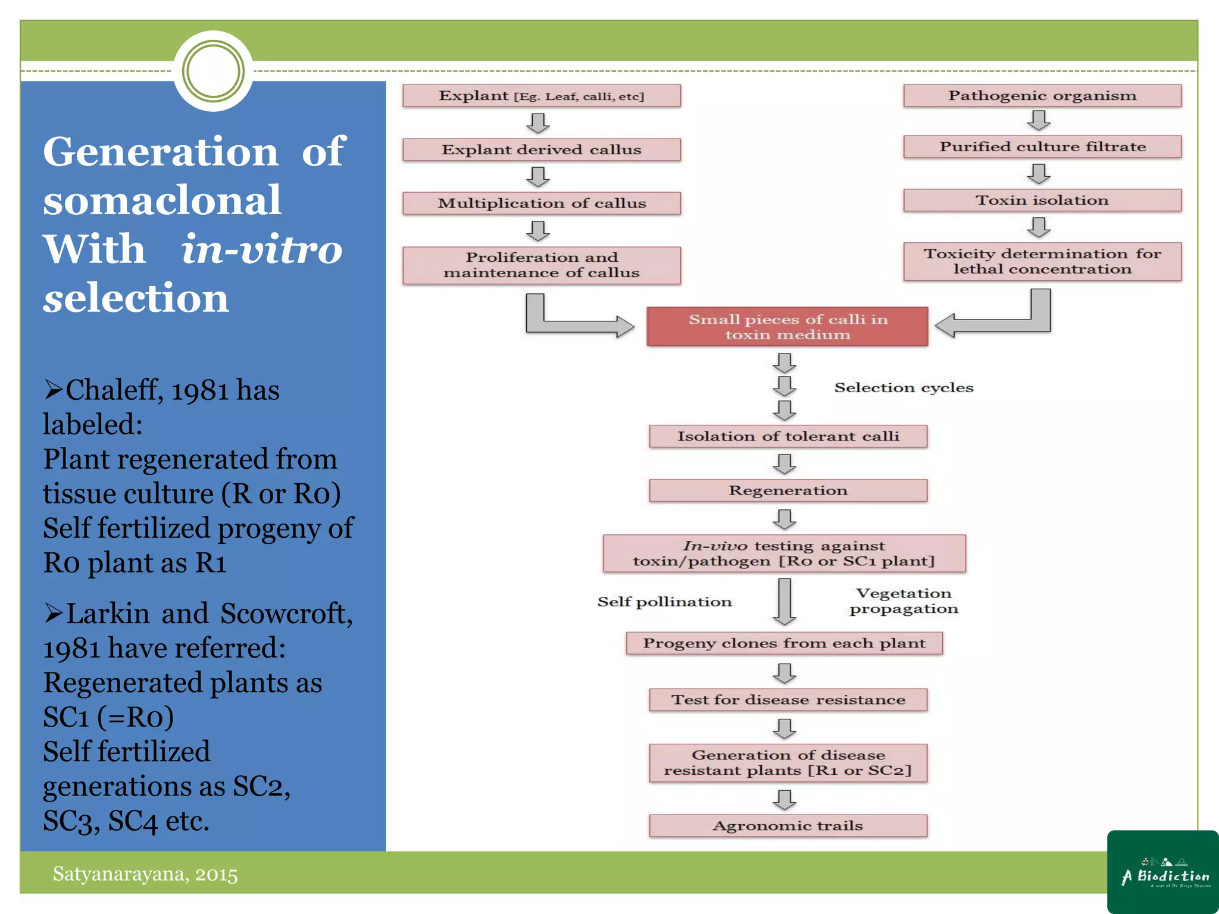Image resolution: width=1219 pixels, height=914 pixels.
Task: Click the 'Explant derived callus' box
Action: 541,149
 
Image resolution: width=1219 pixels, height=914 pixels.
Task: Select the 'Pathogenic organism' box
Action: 1042,96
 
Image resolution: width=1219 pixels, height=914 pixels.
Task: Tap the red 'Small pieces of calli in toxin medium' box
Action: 787,327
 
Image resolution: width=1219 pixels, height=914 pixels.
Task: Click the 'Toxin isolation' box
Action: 1042,201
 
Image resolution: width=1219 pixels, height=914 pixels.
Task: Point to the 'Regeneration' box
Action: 787,490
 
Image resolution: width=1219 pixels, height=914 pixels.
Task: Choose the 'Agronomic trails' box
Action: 787,825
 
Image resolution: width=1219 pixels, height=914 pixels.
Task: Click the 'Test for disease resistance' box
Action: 787,700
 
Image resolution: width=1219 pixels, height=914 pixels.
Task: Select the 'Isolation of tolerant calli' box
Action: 787,436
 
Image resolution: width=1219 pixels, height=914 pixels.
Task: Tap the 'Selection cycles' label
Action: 903,387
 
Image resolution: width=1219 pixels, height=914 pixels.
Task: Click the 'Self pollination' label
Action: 664,602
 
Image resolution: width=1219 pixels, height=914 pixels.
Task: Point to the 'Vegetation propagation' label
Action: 904,601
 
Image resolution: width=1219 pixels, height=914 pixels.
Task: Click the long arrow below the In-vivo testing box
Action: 784,601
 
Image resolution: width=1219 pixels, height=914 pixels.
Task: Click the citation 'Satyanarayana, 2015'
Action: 145,874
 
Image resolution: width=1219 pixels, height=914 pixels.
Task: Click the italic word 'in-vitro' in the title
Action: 261,249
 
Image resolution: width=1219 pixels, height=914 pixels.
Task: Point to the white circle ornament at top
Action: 213,71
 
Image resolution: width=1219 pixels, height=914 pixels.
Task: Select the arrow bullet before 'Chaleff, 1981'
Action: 53,390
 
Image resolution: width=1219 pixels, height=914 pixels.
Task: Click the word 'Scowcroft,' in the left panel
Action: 286,613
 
